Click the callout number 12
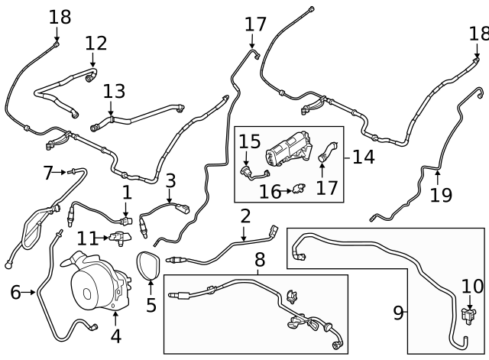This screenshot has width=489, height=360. click(x=96, y=44)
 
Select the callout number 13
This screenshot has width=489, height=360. click(x=114, y=92)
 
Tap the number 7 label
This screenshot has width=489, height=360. click(x=48, y=173)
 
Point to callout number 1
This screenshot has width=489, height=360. click(x=127, y=193)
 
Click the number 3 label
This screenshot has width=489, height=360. click(x=170, y=181)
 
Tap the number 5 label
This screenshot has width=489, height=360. click(x=151, y=306)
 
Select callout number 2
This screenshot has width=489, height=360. click(x=245, y=216)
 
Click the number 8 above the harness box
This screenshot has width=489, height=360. click(x=260, y=260)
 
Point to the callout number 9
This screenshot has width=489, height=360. click(x=398, y=313)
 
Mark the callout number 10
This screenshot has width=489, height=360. click(x=473, y=287)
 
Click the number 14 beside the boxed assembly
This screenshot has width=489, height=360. click(x=364, y=157)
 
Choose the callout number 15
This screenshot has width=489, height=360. click(x=250, y=141)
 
